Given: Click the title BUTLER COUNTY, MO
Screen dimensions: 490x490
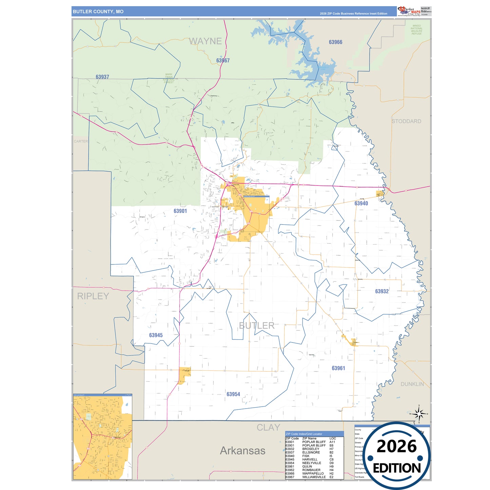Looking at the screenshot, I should tap(98, 12).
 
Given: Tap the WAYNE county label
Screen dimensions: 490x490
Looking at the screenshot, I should tap(205, 41).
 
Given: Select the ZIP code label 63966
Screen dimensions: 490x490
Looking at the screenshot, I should tap(335, 42).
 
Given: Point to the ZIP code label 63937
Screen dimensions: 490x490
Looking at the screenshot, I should tap(102, 77).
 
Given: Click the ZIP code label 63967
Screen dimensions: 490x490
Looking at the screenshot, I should tap(223, 60).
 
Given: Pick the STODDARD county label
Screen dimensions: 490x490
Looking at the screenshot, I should tap(406, 121).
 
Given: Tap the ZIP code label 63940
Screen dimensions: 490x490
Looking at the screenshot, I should tap(361, 203).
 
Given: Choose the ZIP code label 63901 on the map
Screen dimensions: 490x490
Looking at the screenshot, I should tap(180, 211).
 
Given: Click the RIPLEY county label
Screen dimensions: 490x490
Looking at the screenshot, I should tap(93, 296).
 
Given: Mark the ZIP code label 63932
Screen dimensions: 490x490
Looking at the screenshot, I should tap(382, 291).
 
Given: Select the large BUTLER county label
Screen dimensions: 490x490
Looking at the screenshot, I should tap(257, 326).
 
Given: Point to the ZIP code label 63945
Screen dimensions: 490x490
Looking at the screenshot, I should tap(156, 335).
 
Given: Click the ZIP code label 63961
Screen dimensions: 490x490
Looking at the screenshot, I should tap(338, 368).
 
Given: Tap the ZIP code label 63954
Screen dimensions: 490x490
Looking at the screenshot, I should tap(233, 394).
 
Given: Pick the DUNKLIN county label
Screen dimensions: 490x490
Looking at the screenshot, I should tap(412, 384).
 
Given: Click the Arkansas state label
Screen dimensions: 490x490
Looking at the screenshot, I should tap(242, 451).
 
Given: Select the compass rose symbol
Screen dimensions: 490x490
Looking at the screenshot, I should tap(419, 414).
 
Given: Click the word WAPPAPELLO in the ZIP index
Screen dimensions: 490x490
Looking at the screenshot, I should tap(313, 473).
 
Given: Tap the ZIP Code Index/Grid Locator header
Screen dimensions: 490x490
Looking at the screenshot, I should tap(304, 434).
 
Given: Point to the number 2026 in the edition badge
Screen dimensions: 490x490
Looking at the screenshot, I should tap(396, 446).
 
